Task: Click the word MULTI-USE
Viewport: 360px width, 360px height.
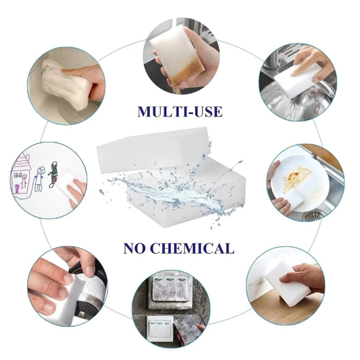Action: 180,112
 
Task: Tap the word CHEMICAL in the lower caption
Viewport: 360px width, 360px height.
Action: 193,248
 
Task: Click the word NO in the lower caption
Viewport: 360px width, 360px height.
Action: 134,248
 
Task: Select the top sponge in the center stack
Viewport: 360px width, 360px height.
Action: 154,149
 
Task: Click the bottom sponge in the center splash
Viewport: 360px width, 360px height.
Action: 186,195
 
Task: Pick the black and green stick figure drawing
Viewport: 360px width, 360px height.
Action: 52,175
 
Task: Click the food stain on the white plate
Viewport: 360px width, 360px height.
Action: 296,179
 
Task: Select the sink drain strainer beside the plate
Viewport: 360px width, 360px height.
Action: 314,215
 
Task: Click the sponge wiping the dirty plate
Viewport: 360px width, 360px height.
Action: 292,198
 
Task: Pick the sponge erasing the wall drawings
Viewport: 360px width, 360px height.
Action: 69,183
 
